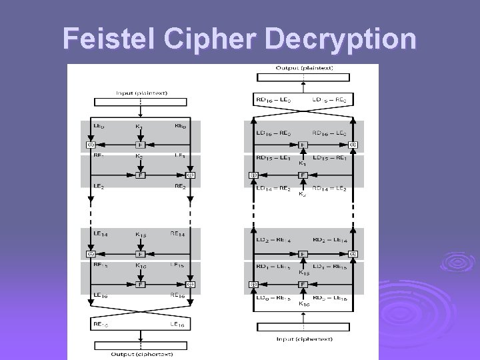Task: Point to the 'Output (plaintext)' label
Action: click(305, 68)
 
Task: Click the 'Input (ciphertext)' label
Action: click(304, 339)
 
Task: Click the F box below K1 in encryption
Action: click(140, 145)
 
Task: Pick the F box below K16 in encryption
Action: click(140, 285)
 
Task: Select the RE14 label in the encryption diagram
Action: click(178, 234)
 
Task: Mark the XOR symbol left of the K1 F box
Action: click(90, 145)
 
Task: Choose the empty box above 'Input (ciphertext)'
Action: click(304, 327)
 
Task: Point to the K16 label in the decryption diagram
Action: click(304, 303)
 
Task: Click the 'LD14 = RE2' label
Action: click(273, 188)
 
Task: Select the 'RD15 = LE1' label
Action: click(273, 158)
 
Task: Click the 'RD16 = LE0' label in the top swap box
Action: click(273, 99)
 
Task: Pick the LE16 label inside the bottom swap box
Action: click(178, 323)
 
